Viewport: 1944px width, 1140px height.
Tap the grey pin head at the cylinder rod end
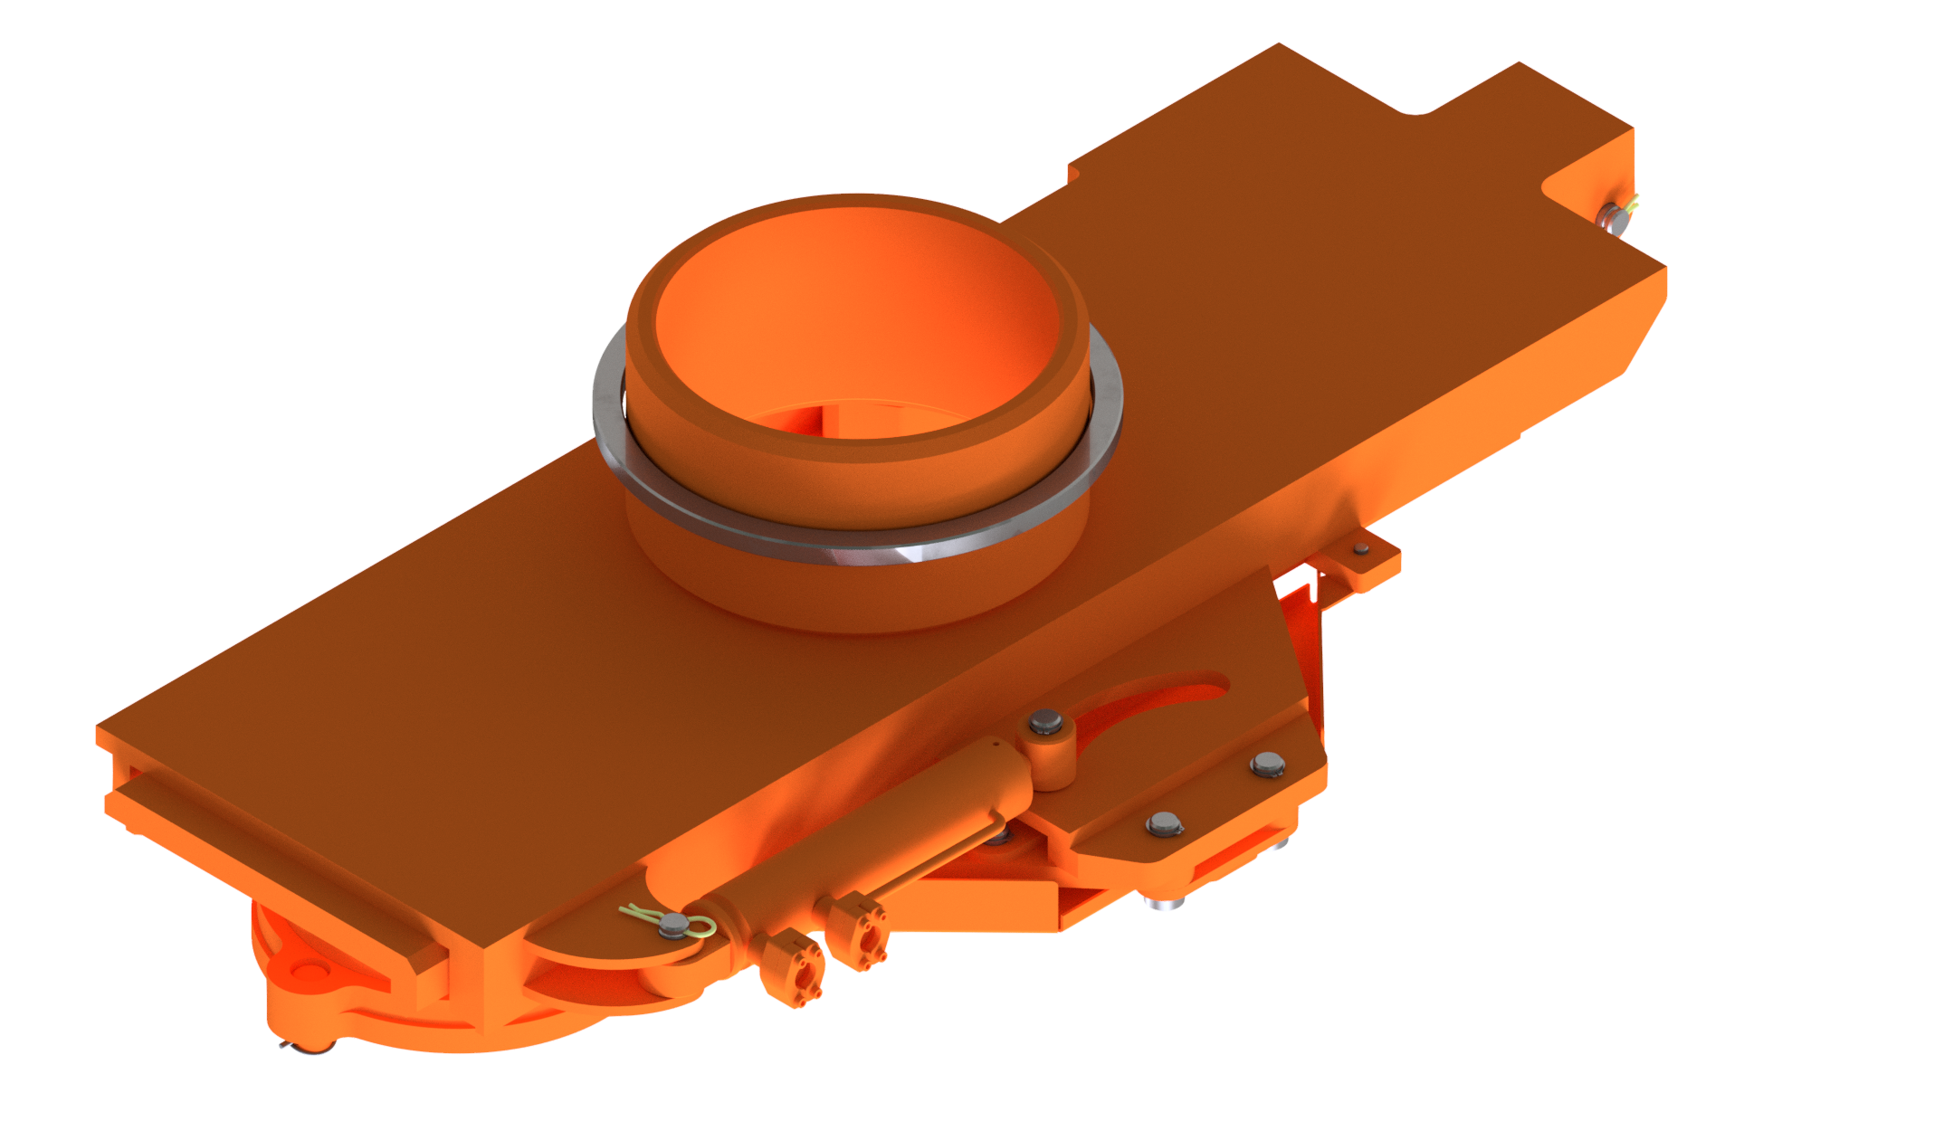1045,722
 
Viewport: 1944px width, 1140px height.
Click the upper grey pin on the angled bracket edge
1267,764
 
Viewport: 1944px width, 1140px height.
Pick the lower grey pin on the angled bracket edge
1164,822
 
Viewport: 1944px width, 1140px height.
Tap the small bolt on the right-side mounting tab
1361,548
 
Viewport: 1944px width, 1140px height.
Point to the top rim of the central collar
855,203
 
